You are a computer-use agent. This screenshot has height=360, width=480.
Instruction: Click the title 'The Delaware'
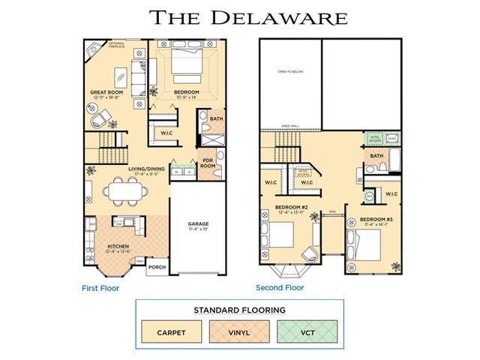248,17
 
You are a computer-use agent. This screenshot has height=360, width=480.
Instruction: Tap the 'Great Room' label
106,94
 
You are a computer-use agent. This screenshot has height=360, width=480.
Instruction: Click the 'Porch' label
157,267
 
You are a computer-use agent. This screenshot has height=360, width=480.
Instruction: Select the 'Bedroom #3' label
375,217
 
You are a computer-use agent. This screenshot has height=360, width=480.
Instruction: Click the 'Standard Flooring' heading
238,309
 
